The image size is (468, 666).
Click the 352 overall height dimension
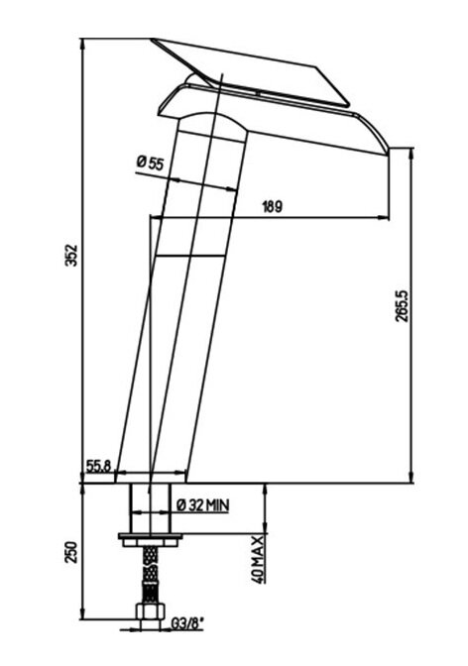72,255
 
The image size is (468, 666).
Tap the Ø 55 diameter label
150,163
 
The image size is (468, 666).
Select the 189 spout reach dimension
272,207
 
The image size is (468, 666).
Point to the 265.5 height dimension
403,306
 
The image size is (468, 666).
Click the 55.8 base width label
98,466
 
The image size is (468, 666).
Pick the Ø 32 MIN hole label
202,505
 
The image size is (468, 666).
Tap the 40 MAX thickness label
258,559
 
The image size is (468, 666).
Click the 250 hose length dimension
71,552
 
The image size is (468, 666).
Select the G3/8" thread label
187,624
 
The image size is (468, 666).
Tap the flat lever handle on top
251,71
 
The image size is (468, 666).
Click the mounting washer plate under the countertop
150,535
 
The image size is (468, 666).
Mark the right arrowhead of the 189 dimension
384,218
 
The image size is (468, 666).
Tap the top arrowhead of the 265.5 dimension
411,153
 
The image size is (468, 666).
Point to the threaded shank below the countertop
150,508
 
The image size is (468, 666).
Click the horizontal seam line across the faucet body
189,256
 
